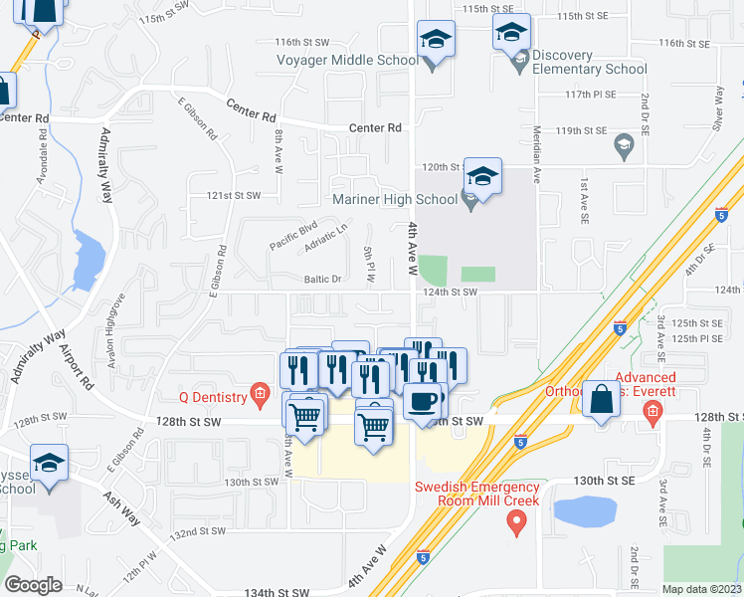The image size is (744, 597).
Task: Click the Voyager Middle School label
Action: [x=347, y=60]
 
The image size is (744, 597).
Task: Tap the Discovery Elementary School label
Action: [x=589, y=62]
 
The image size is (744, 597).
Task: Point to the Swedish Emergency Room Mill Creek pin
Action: [x=516, y=522]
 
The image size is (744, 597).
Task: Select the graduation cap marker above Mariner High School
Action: [x=482, y=177]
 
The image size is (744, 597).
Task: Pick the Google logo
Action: [x=33, y=585]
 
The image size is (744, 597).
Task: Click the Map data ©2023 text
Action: [x=702, y=589]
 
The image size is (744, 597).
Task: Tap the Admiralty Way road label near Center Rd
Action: [x=106, y=165]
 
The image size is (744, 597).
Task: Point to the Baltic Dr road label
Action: [x=322, y=279]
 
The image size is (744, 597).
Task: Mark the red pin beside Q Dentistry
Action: [x=260, y=395]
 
